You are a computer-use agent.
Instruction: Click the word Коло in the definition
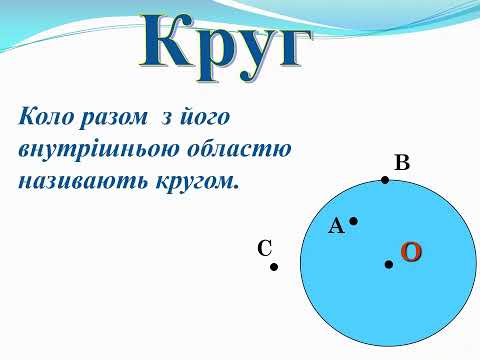coord(47,117)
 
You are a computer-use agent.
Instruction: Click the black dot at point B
coord(385,180)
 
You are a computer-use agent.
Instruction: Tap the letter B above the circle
coord(402,163)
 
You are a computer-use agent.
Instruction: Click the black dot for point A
coord(353,221)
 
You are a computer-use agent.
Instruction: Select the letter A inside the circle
coord(336,227)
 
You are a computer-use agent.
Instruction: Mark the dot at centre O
coord(388,264)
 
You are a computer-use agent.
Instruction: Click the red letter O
coord(411,252)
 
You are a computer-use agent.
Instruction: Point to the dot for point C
coord(273,267)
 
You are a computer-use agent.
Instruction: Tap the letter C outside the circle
coord(265,249)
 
